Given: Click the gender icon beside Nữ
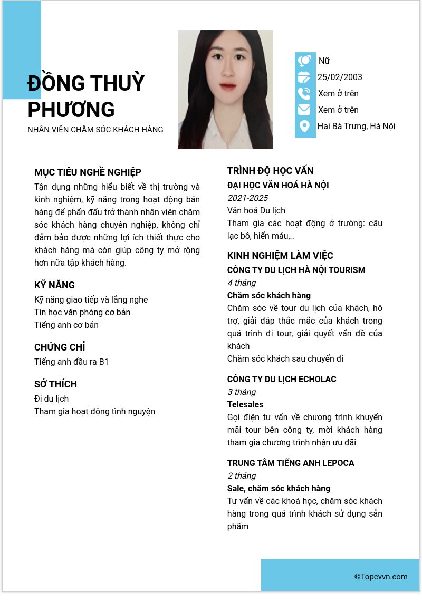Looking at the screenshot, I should [304, 61].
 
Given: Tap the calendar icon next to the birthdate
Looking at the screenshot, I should [304, 77].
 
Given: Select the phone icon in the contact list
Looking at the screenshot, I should [304, 93].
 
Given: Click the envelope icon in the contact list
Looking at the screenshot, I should [304, 110].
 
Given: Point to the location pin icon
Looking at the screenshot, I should [304, 126].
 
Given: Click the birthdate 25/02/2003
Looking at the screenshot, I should [340, 77].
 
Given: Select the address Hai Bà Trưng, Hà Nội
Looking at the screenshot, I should [356, 126].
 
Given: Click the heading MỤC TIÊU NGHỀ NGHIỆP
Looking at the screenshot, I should [88, 172].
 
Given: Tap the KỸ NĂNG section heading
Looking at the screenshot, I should [54, 285].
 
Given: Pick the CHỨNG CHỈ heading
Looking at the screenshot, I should [60, 347].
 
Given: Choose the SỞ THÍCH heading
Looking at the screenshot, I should [55, 384].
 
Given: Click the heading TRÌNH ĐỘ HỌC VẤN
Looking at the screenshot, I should [270, 171].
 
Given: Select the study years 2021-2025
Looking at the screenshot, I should [247, 198].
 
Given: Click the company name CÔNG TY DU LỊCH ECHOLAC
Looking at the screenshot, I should [282, 380].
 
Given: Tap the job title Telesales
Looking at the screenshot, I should [245, 405].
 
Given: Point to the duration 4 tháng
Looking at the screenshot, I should [242, 283].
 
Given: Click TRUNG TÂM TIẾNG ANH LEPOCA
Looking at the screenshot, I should [291, 463].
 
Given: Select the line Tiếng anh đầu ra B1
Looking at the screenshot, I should [71, 362].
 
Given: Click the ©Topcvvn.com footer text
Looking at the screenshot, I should [381, 577].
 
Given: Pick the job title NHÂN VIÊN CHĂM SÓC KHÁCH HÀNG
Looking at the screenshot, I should [95, 130].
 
